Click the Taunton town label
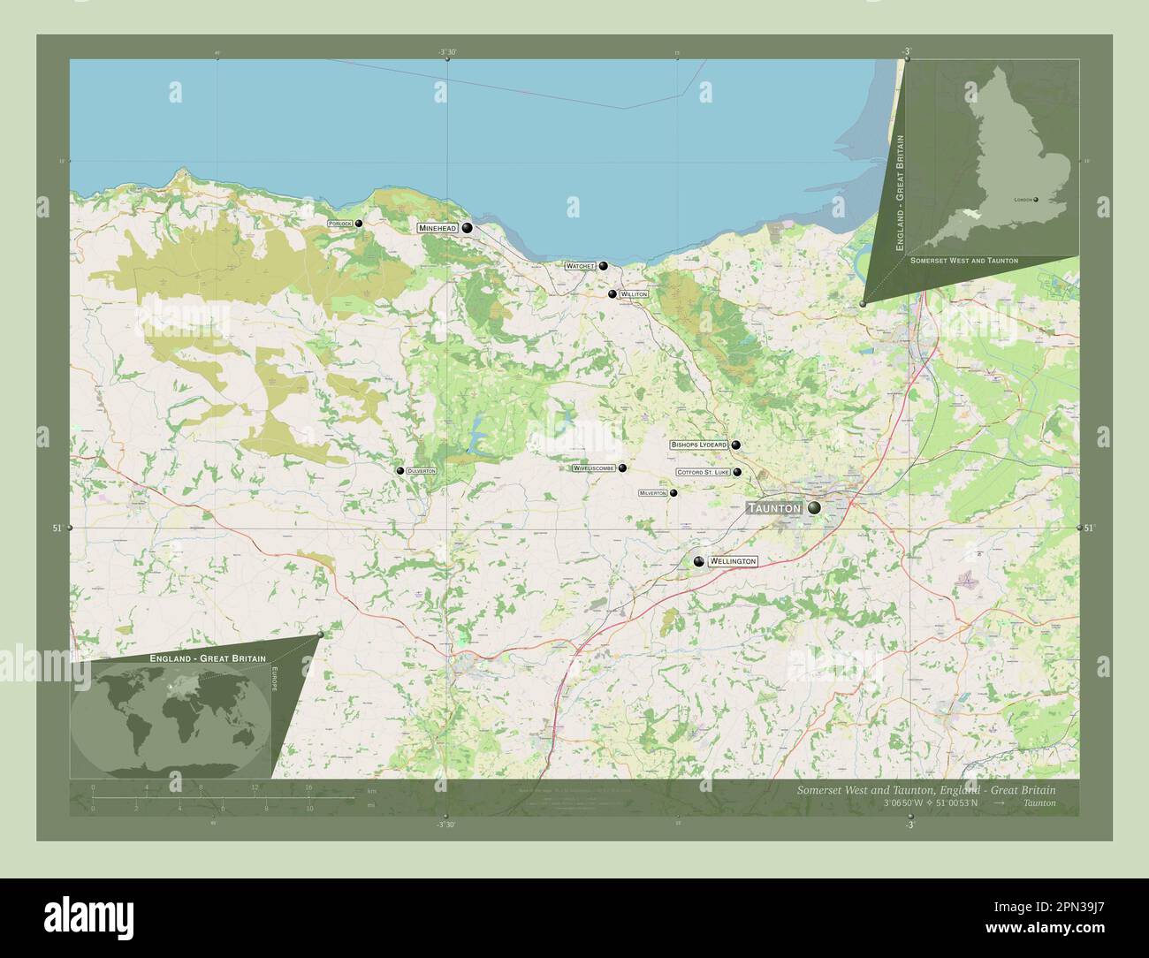(x=774, y=508)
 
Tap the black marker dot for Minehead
(x=467, y=228)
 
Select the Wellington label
(x=733, y=561)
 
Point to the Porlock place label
(x=339, y=224)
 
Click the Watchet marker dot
(x=604, y=266)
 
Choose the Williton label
(x=634, y=294)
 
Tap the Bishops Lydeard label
(x=698, y=445)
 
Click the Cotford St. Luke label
(x=704, y=473)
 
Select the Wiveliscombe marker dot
(x=622, y=468)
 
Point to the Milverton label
(x=652, y=493)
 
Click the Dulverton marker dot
(x=400, y=471)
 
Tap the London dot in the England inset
(x=1036, y=200)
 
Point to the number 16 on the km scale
(x=308, y=787)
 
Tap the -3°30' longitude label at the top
(x=447, y=52)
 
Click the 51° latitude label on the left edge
(x=57, y=528)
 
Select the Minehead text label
(x=438, y=228)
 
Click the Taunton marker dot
(x=812, y=508)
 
